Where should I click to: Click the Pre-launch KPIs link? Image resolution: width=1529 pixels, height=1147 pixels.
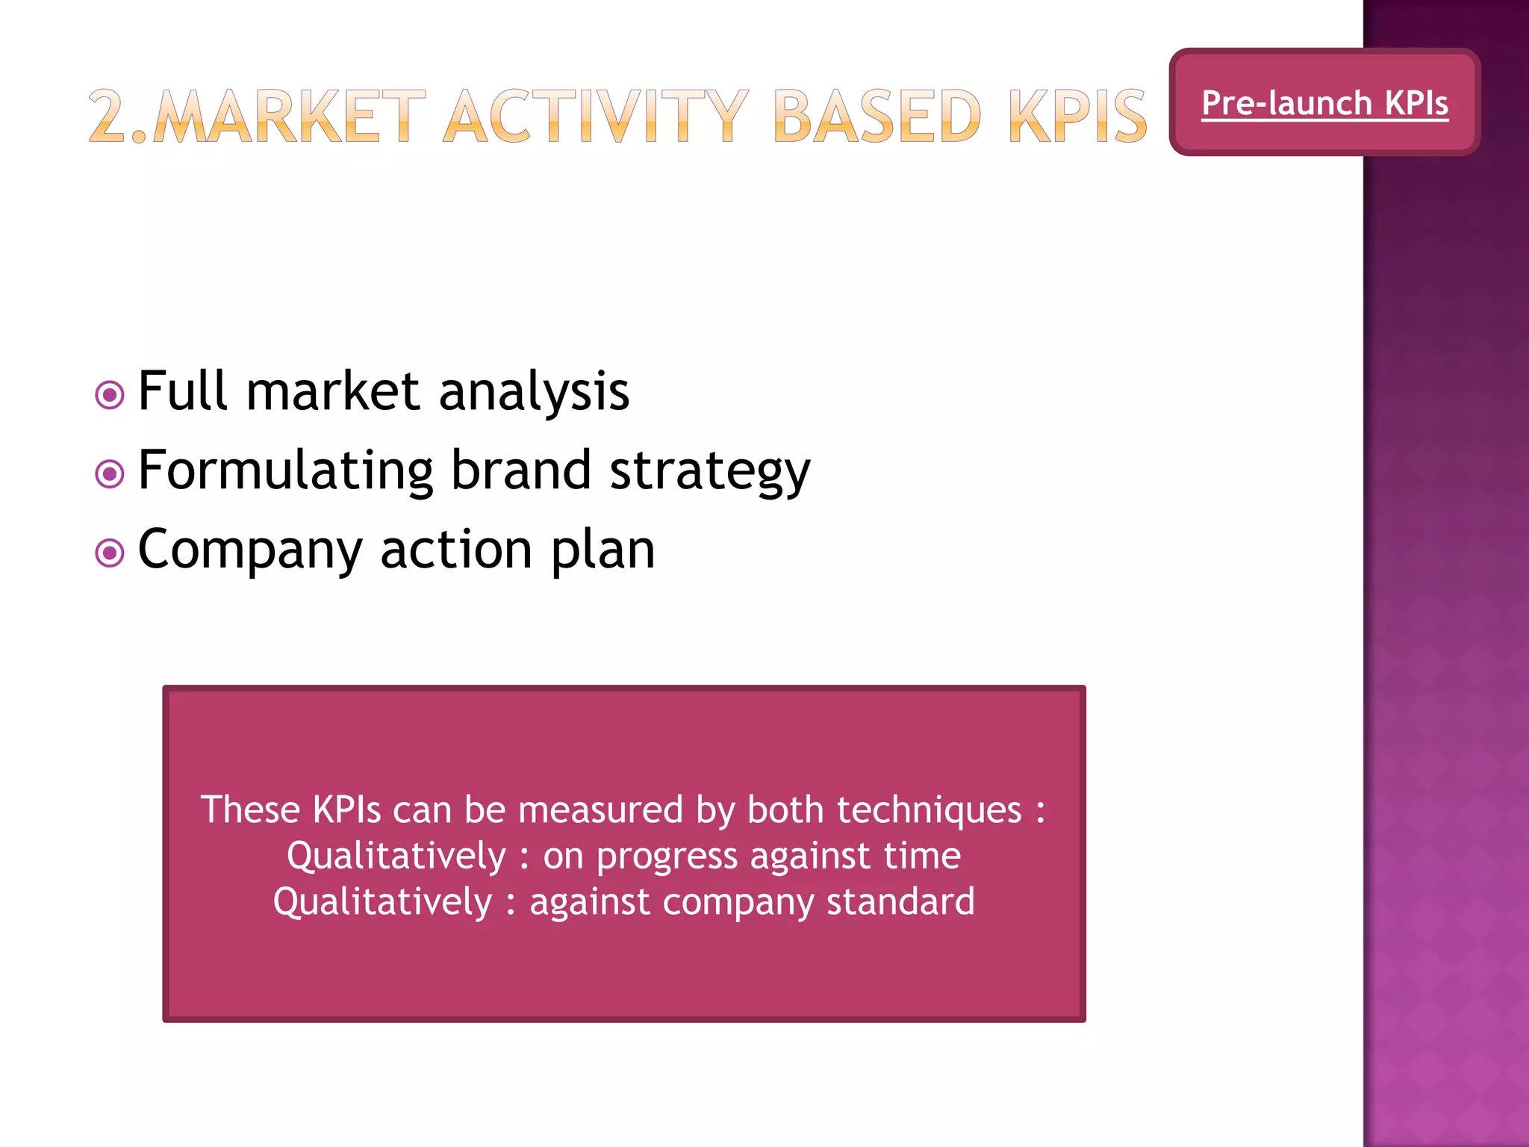click(x=1325, y=103)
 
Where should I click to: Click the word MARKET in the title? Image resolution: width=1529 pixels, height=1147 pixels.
click(x=289, y=116)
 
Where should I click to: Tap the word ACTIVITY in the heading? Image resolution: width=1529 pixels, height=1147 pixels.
click(x=596, y=116)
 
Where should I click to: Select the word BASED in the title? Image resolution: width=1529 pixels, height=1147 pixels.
click(x=876, y=116)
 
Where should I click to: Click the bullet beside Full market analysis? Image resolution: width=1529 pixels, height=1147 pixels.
click(x=110, y=394)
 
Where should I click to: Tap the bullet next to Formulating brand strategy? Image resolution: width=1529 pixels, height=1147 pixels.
click(x=110, y=473)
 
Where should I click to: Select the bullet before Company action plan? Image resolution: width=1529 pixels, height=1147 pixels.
click(x=110, y=553)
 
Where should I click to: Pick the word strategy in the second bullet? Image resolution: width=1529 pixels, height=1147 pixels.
click(x=710, y=473)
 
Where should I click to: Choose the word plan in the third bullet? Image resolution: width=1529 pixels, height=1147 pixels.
click(x=603, y=551)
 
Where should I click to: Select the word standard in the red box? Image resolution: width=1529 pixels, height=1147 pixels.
click(x=900, y=901)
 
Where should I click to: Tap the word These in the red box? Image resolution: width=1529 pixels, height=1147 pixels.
click(x=250, y=810)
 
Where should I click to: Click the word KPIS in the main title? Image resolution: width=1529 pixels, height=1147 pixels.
click(x=1077, y=116)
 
